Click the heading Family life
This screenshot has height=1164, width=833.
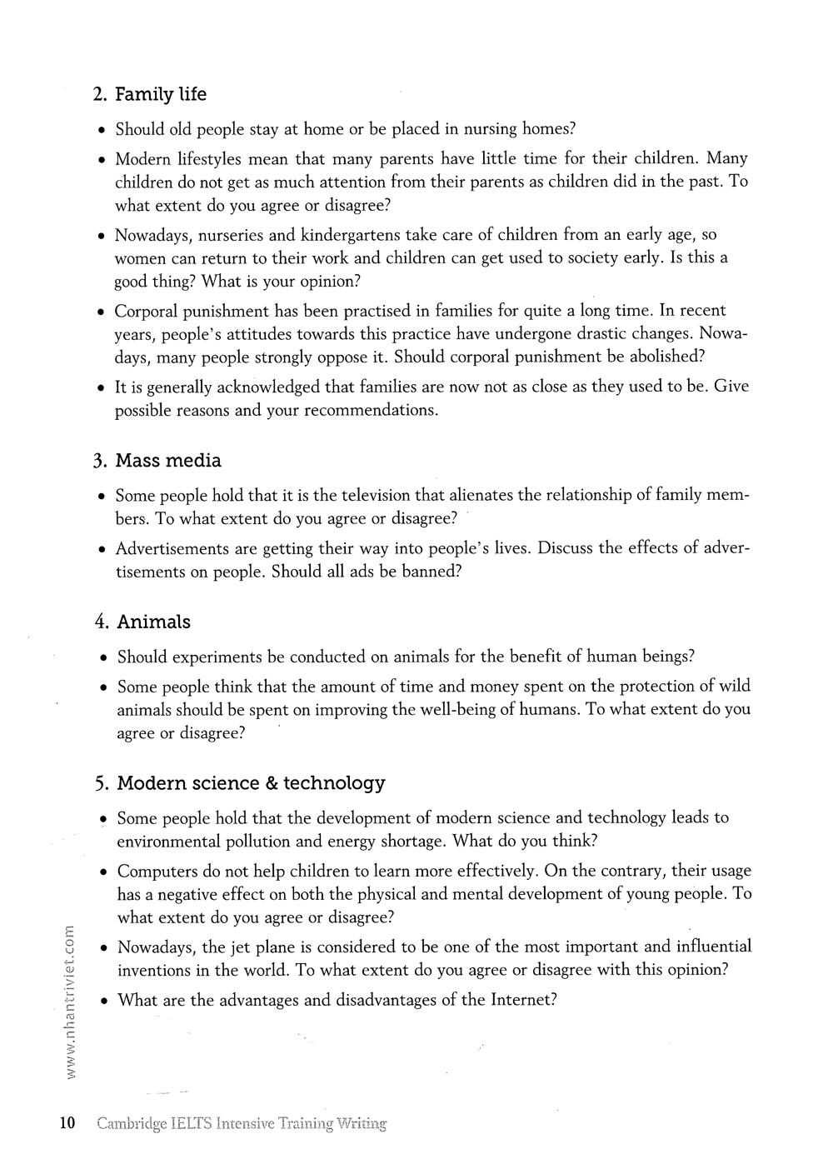[x=161, y=95]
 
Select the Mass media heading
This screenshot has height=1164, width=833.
[x=169, y=461]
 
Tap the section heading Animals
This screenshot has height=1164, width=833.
[x=154, y=622]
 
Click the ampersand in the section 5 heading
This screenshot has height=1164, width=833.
[x=271, y=783]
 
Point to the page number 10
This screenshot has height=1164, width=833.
[x=67, y=1123]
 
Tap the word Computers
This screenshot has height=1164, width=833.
[x=157, y=872]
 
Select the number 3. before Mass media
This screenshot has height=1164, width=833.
[x=100, y=462]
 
